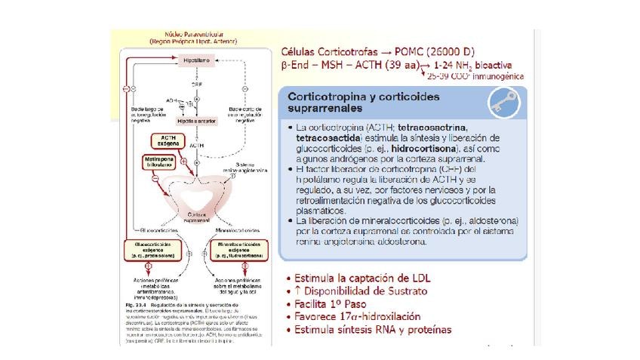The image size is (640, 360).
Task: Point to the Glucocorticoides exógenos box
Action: (152, 250)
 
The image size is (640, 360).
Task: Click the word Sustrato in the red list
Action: (408, 291)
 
